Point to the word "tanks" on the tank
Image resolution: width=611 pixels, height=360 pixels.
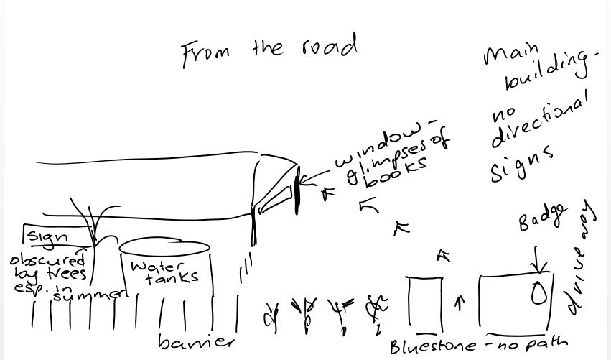click(x=172, y=278)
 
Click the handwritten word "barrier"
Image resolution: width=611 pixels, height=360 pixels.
click(x=195, y=340)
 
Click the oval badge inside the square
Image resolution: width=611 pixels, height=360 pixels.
click(x=537, y=293)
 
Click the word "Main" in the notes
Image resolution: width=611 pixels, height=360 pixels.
click(x=512, y=54)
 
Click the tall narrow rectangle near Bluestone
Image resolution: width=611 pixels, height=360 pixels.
click(x=421, y=302)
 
